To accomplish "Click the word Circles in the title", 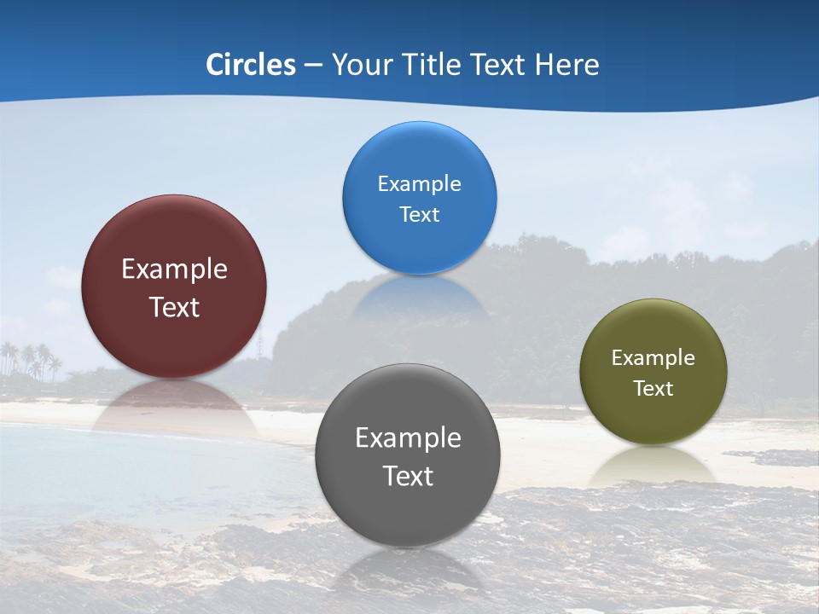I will coord(251,65).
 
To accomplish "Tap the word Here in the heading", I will coord(567,65).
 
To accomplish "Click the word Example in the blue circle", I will coord(419,184).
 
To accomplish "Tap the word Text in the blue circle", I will coord(419,215).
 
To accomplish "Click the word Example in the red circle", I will coord(174,269).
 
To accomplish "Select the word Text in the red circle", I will coord(174,307).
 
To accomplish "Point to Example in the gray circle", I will coord(408,438).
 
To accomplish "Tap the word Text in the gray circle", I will coord(408,476).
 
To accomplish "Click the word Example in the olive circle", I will coord(653,358).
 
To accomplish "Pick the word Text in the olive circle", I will coord(653,389).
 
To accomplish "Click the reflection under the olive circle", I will coord(653,465).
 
